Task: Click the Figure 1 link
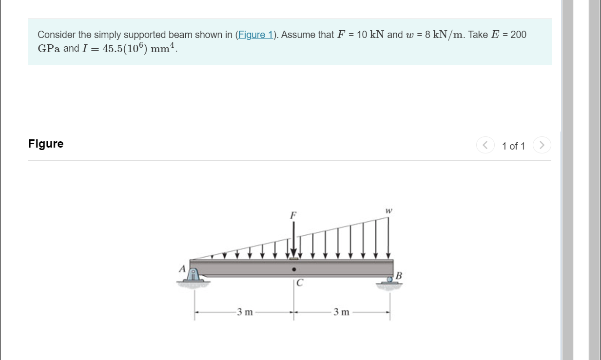[x=255, y=35]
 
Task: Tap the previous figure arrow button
[x=485, y=145]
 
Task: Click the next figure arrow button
[x=542, y=145]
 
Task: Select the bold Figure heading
[x=46, y=144]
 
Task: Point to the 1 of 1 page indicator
[x=513, y=146]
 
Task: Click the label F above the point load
[x=293, y=215]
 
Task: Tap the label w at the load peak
[x=389, y=211]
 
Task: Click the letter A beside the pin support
[x=182, y=268]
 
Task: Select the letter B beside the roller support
[x=399, y=276]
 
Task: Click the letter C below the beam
[x=300, y=283]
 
